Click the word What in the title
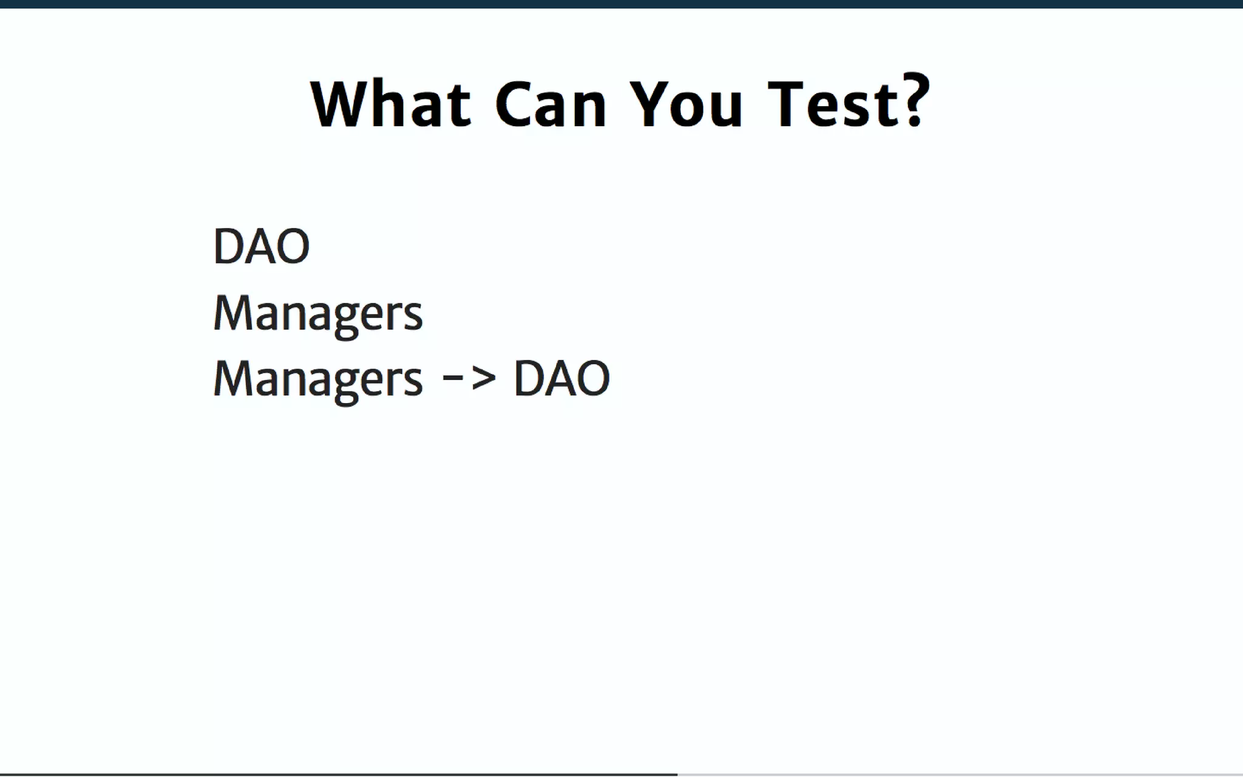click(x=391, y=104)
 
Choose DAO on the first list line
click(x=262, y=246)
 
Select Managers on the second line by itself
click(x=317, y=313)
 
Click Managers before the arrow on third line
click(x=317, y=379)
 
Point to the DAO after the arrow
click(x=561, y=379)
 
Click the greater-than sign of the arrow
click(x=483, y=378)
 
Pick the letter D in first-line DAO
click(x=228, y=246)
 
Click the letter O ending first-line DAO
click(x=293, y=246)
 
